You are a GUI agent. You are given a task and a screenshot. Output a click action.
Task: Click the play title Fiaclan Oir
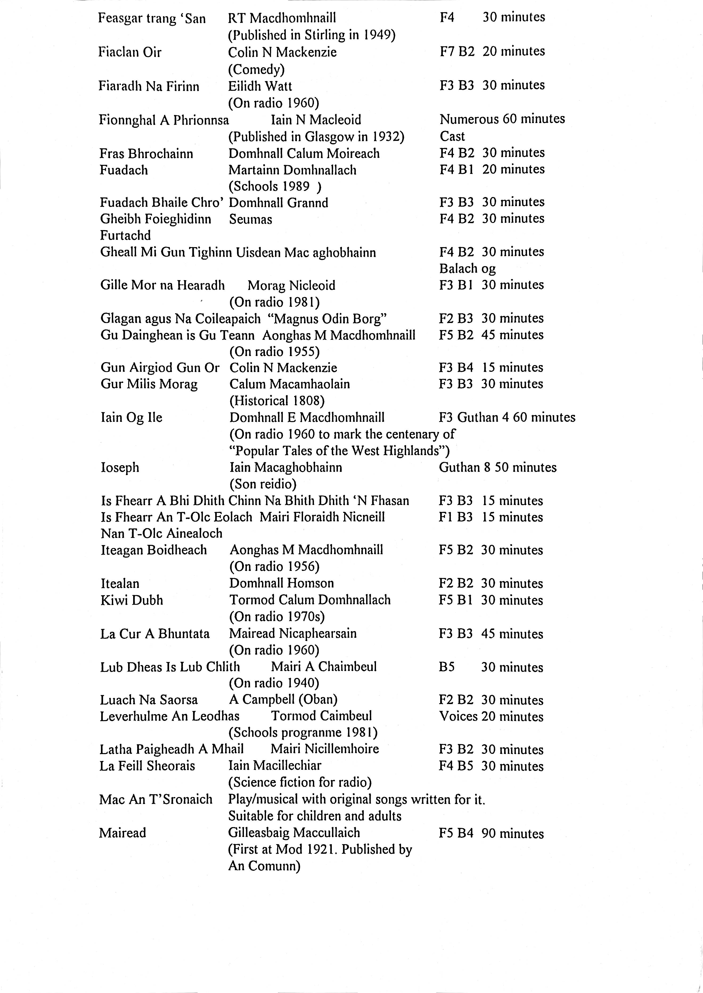[130, 52]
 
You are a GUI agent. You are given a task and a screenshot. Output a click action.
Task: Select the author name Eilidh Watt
[260, 86]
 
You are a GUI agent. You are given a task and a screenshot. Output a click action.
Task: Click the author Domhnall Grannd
[278, 203]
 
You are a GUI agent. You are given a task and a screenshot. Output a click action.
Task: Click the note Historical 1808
[277, 401]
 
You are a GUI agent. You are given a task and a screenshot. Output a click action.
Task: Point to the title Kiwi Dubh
[132, 600]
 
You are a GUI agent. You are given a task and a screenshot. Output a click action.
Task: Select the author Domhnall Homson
[281, 583]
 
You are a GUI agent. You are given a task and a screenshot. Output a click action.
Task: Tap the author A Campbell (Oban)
[283, 700]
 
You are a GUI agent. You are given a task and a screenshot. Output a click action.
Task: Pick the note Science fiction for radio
[300, 782]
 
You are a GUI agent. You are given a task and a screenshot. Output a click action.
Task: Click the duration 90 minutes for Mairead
[513, 833]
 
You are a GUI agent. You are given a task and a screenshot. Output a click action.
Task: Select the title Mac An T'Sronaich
[156, 799]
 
